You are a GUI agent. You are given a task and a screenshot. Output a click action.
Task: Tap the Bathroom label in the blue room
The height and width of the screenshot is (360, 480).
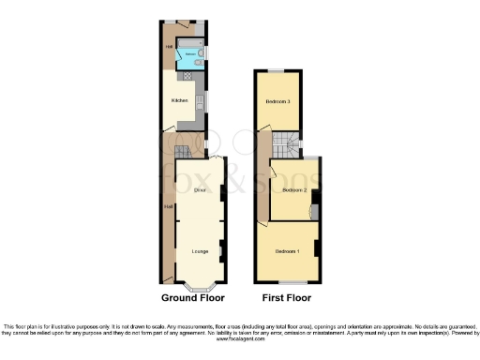[190, 55]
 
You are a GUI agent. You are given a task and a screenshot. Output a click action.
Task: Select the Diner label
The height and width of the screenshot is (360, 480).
[199, 190]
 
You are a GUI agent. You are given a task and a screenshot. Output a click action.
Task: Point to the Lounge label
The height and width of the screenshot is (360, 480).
[199, 250]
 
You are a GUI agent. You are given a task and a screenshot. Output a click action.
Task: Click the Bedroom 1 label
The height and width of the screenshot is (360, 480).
[287, 251]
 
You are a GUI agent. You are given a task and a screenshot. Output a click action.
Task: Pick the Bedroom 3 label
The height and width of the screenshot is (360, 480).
[277, 100]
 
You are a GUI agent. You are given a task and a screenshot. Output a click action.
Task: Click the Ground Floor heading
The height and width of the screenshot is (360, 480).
[196, 298]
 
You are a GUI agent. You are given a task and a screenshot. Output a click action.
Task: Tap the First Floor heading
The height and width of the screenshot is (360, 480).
[286, 298]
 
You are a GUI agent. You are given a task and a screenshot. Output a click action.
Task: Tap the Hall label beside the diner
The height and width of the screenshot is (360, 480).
[168, 206]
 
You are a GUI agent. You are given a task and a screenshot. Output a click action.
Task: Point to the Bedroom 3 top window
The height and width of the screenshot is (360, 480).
[277, 71]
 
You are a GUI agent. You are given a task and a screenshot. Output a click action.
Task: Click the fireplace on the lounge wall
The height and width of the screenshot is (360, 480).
[220, 251]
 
